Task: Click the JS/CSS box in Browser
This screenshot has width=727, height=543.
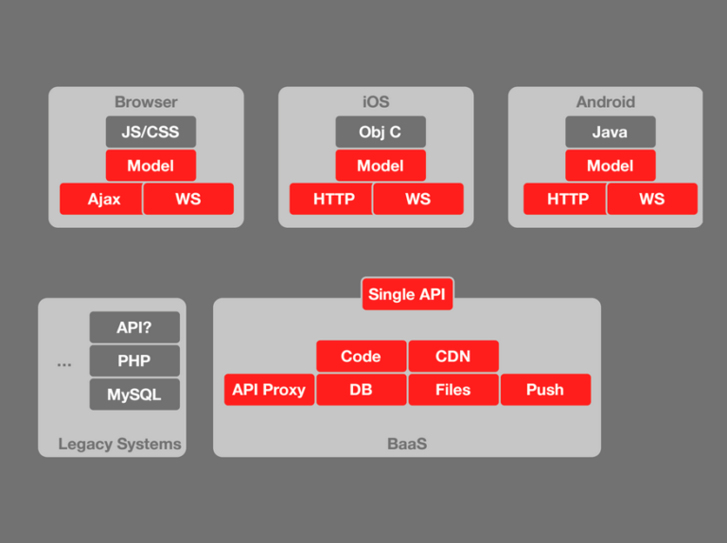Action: click(151, 132)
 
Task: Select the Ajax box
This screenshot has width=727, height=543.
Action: click(101, 199)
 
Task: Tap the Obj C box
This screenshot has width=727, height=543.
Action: click(381, 132)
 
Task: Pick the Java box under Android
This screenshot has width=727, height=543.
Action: click(610, 132)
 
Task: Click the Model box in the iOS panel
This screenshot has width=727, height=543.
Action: click(381, 166)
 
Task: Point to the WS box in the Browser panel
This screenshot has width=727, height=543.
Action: click(188, 199)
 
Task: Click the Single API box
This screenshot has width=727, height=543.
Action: click(407, 294)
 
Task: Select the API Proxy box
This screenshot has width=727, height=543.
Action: click(269, 390)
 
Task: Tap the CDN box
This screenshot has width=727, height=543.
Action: click(453, 357)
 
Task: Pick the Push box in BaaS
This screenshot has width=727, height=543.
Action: click(545, 390)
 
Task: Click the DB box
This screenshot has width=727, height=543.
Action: click(361, 390)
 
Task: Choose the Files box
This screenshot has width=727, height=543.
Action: click(453, 390)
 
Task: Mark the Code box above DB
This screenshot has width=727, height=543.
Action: click(361, 357)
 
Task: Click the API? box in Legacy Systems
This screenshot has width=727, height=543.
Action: click(134, 327)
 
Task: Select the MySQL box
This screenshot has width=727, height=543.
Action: click(134, 394)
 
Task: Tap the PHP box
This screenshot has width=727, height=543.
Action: click(134, 360)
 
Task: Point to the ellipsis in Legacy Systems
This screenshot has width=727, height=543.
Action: click(64, 363)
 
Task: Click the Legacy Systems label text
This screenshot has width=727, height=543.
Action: click(119, 444)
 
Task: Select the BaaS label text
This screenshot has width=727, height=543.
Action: click(407, 444)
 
